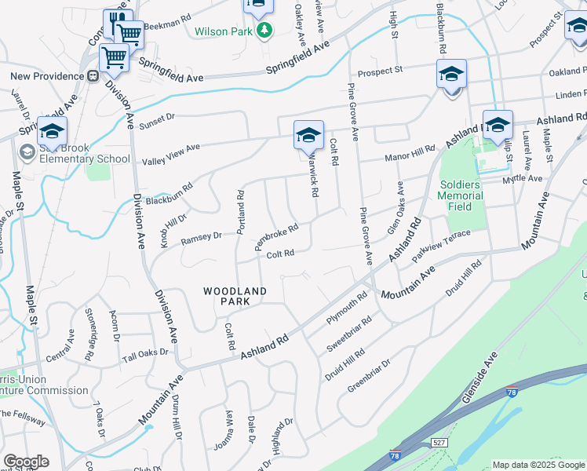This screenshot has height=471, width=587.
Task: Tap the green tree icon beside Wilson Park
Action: tap(265, 31)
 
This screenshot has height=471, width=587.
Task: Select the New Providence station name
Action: tap(46, 76)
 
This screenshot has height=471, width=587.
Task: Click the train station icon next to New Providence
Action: tap(93, 76)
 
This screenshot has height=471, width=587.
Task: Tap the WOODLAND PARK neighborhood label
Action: tap(235, 296)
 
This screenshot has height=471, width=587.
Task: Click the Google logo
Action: tap(26, 462)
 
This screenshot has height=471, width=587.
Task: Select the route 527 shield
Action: tap(439, 444)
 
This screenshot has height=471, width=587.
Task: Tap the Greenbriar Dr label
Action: tap(369, 375)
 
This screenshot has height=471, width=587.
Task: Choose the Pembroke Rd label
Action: tap(276, 238)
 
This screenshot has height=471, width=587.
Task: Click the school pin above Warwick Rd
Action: tap(308, 135)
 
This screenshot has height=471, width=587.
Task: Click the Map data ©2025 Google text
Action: tap(538, 464)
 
